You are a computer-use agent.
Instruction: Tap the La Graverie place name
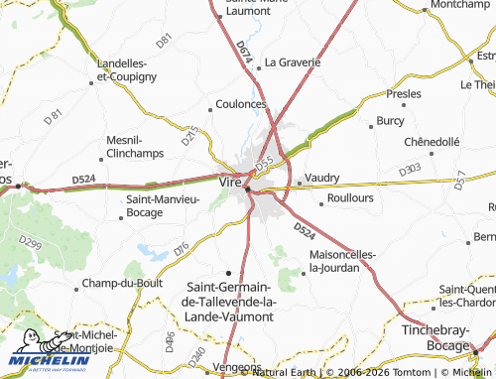293,62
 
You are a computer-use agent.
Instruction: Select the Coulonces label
241,103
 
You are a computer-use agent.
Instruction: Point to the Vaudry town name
322,178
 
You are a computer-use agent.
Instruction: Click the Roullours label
350,197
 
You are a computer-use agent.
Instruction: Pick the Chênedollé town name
433,141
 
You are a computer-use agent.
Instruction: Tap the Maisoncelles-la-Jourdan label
342,260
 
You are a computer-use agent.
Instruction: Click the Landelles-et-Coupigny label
123,69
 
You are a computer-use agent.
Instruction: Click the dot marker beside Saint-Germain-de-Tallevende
229,272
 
